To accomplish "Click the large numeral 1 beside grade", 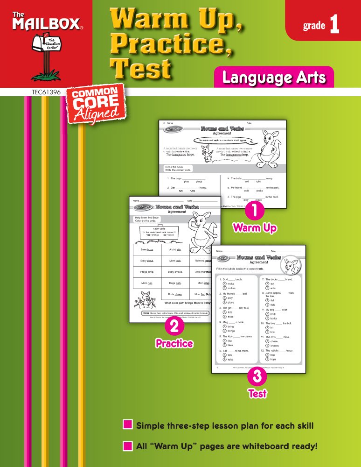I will tap(334, 25).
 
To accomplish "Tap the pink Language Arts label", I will tap(274, 78).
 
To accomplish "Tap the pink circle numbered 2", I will tap(174, 327).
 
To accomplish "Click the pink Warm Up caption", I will tap(255, 228).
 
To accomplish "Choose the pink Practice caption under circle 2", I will tap(174, 344).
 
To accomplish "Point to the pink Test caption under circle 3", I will tap(257, 394).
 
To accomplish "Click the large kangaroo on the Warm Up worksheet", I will tap(269, 149).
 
